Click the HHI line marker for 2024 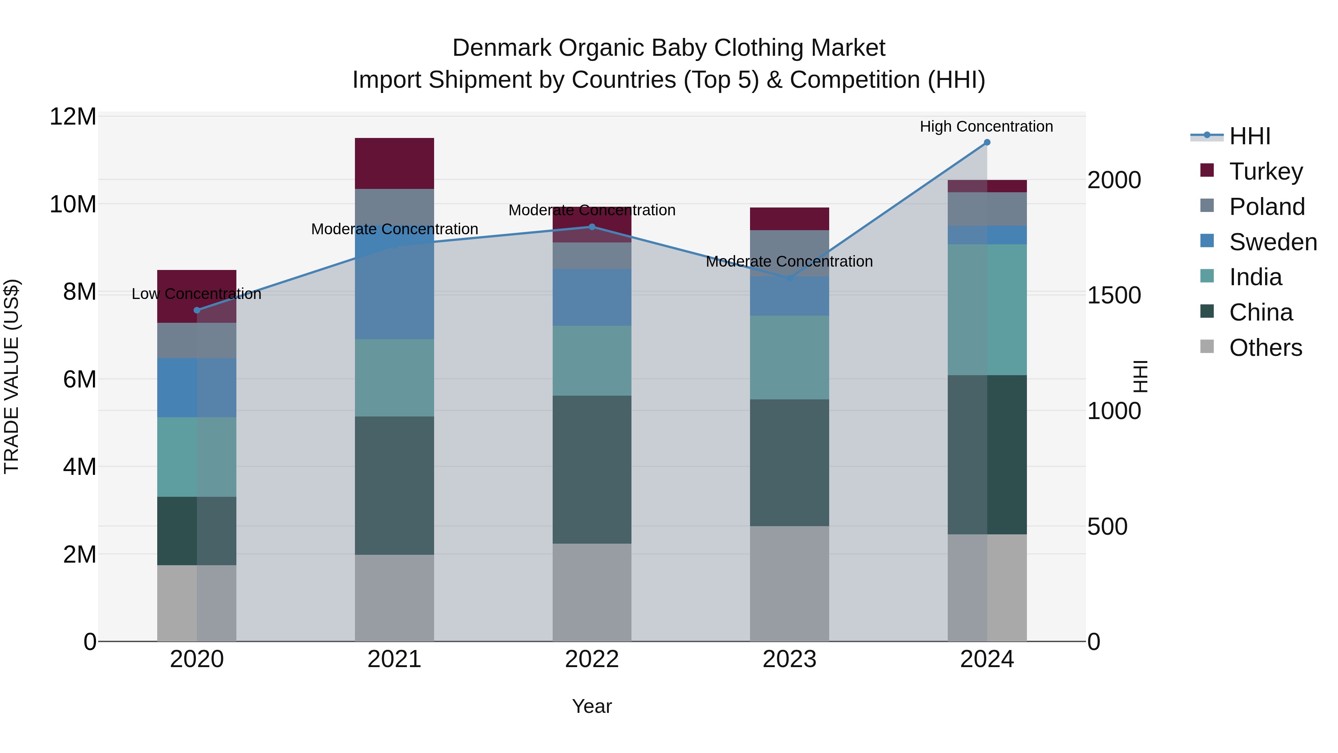987,142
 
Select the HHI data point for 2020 197,310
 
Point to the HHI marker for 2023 789,279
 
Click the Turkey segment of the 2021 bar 394,163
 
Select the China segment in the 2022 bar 592,469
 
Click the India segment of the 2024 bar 987,310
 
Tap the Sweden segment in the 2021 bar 394,291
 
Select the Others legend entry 1265,348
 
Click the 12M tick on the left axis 73,117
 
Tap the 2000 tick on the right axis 1114,180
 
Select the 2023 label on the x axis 789,659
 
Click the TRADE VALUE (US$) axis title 12,376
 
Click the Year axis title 592,706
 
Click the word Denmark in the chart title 501,48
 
